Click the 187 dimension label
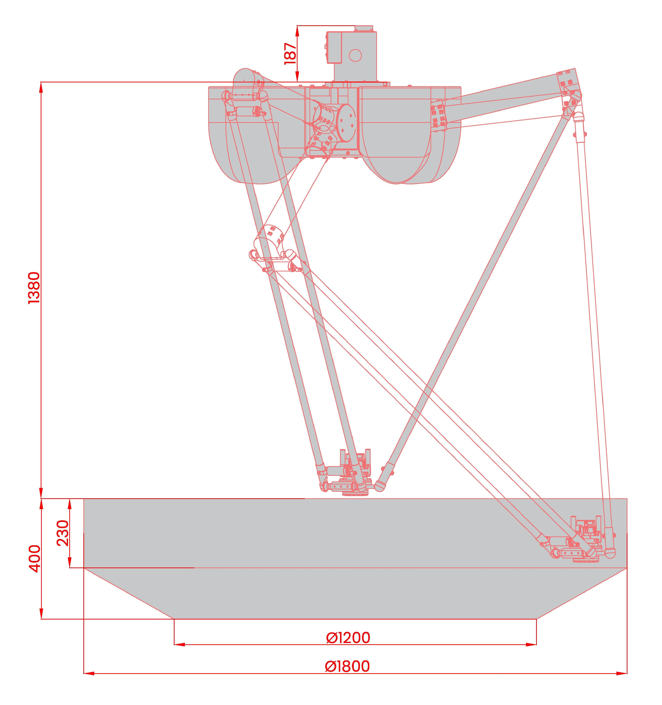coord(290,53)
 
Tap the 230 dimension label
coord(62,533)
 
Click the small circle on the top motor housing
coord(355,55)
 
